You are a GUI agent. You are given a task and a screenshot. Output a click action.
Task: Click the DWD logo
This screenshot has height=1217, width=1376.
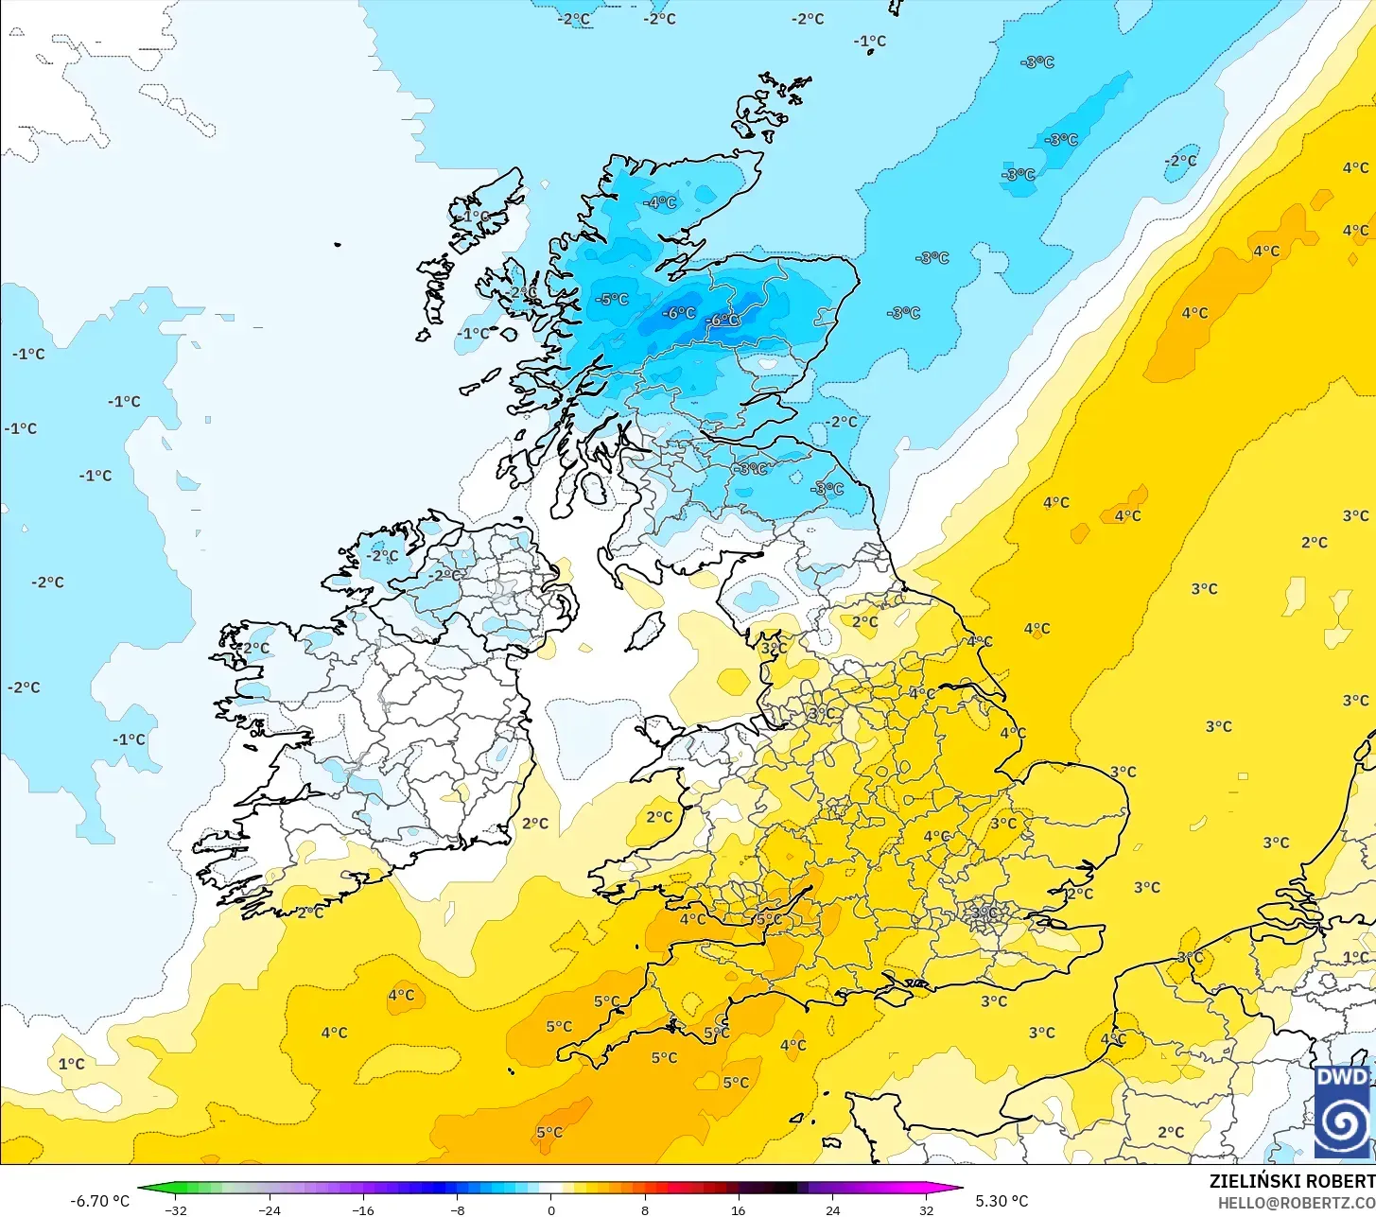point(1342,1111)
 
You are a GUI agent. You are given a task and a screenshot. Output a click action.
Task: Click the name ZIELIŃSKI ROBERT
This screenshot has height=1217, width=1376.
point(1292,1181)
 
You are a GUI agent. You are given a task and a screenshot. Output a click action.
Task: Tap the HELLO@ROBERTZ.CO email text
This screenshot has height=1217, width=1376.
point(1296,1203)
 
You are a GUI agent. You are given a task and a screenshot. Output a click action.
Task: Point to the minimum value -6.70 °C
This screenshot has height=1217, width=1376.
point(99,1201)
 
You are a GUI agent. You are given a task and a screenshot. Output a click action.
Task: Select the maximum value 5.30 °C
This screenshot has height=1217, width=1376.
point(1002,1201)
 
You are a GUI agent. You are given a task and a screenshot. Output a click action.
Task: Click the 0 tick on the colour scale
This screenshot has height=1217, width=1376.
point(550,1209)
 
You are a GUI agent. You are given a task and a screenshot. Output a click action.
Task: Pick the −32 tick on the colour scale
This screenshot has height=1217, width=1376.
point(175,1209)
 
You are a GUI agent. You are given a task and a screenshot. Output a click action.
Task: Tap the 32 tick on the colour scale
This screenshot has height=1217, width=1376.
point(926,1209)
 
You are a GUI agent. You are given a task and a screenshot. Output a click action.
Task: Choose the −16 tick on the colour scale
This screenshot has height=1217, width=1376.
point(363,1209)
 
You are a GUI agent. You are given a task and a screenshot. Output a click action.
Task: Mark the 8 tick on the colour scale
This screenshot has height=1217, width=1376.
point(645,1209)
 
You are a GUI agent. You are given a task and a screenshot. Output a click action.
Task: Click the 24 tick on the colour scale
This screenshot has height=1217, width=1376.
point(832,1209)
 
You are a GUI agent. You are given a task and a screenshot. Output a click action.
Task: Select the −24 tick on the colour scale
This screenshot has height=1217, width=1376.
point(270,1209)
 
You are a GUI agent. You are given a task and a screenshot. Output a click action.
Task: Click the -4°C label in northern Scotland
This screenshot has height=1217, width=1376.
point(661,202)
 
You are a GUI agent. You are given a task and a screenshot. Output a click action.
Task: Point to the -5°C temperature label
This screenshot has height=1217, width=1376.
point(613,299)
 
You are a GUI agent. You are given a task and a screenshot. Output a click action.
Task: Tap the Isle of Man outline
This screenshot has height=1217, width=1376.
point(646,631)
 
